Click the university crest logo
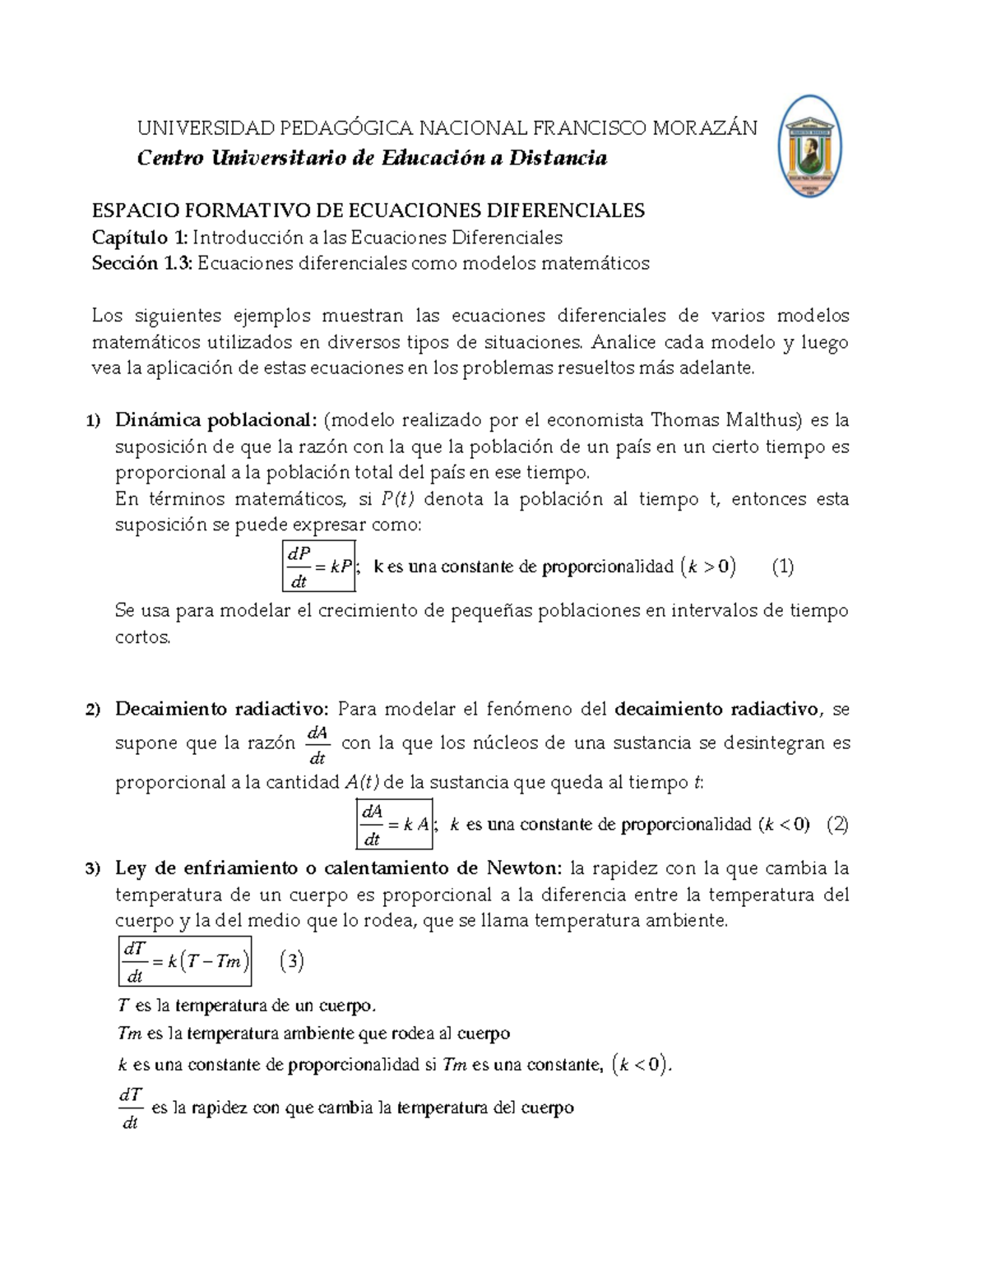809,147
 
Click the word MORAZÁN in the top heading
704,128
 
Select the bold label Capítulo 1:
140,238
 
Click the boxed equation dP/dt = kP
318,567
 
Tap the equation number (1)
782,567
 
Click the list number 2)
94,710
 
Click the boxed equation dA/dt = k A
395,824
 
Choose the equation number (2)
836,824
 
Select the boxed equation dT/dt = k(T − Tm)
185,961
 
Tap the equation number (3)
292,960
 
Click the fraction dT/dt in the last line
131,1108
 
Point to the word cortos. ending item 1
143,637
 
